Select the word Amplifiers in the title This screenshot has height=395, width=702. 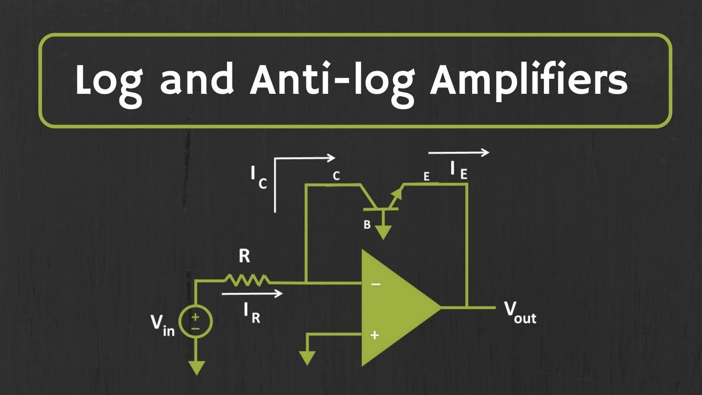529,81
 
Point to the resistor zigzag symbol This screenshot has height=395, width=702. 247,280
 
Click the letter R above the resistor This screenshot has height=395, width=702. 245,257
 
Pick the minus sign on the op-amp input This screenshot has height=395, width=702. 375,284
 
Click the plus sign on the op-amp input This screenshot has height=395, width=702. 375,334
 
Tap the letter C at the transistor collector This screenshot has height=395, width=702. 336,176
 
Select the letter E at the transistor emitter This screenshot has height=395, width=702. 426,177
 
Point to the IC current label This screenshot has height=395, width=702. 258,177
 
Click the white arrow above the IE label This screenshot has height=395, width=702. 458,153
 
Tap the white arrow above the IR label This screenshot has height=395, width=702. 252,294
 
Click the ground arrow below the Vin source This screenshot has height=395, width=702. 196,366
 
